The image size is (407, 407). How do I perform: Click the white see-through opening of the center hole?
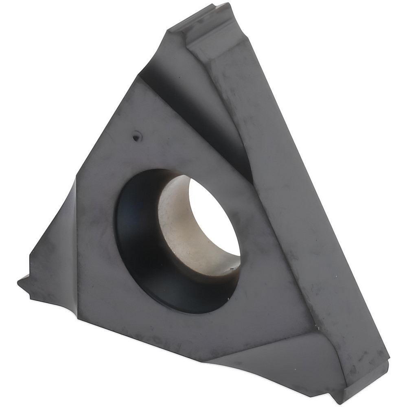(x=216, y=220)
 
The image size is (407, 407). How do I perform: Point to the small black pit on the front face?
(x=136, y=138)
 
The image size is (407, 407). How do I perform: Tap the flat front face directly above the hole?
(x=163, y=134)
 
